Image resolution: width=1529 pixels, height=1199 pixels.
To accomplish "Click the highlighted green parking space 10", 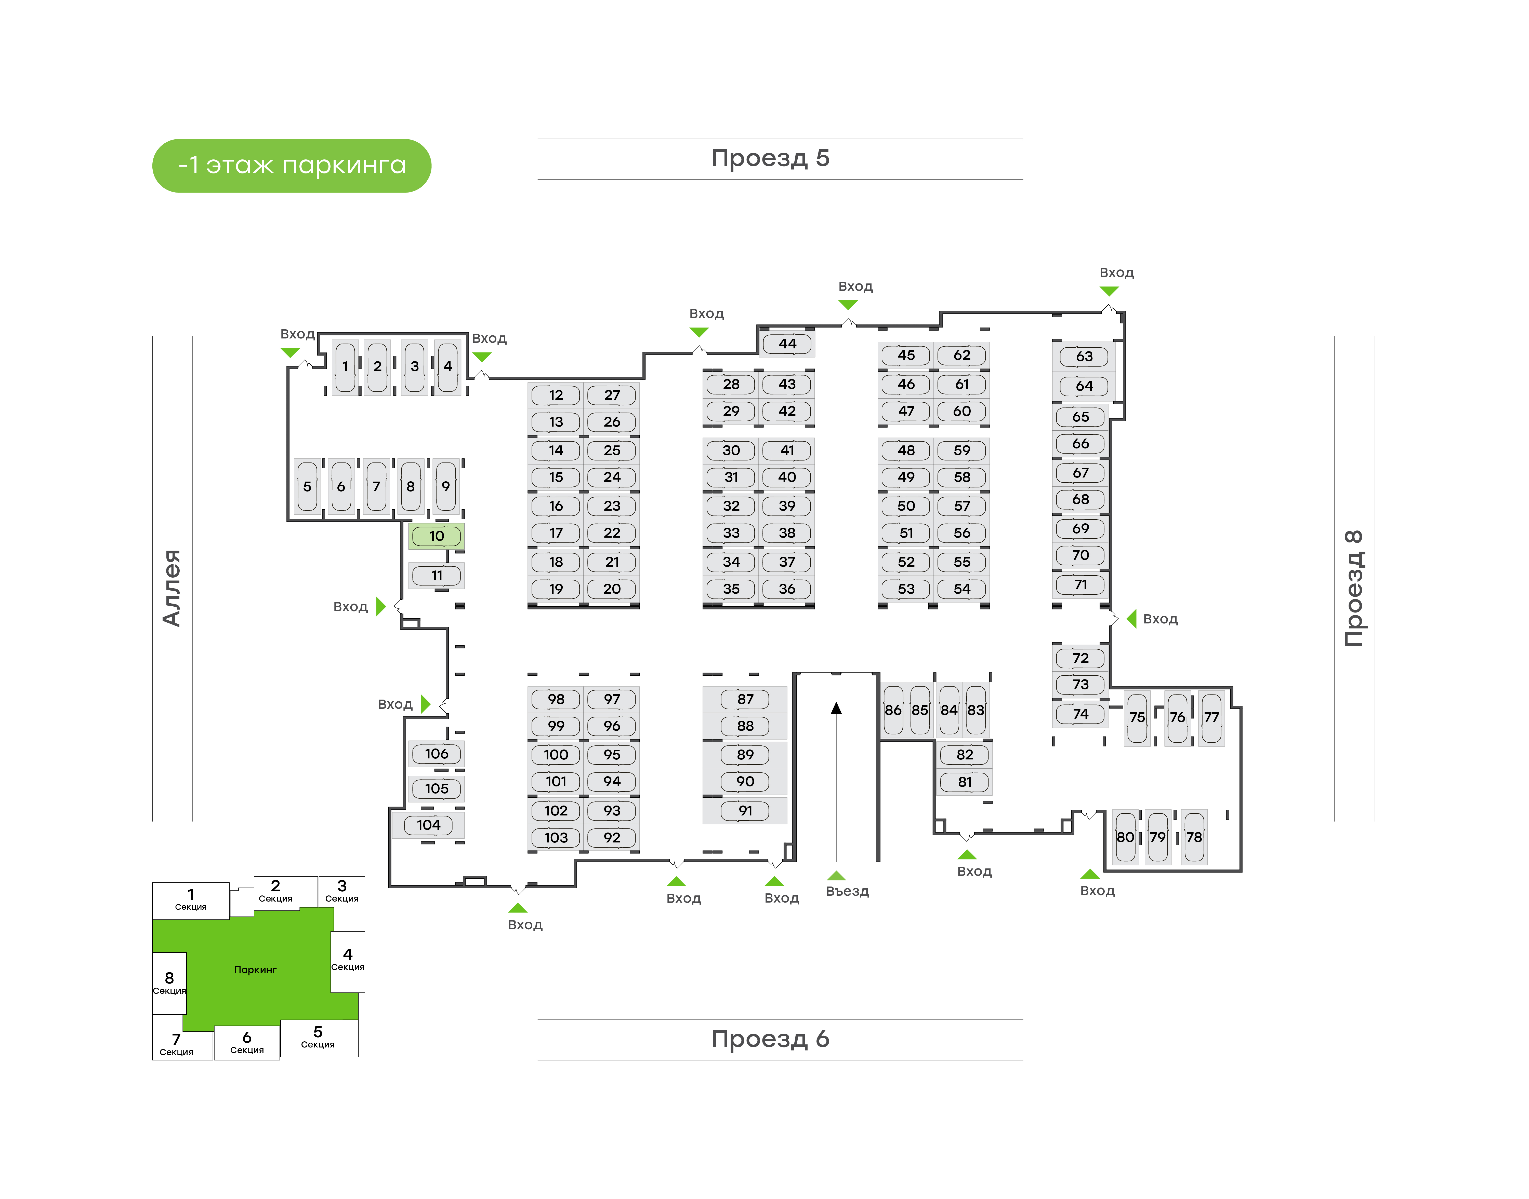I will coord(436,536).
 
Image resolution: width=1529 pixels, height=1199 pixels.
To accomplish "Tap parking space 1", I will coord(345,366).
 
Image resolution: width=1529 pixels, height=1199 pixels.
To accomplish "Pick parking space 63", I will coord(1084,357).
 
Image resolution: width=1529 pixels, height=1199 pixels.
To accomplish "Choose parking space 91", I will coord(745,811).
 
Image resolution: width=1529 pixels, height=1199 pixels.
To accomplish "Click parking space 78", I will coord(1194,837).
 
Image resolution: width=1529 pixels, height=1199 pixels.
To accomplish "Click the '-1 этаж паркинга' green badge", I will coord(292,166).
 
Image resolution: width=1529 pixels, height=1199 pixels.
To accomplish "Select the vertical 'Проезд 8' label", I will coord(1353,588).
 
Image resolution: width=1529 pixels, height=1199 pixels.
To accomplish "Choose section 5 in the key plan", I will coord(318,1037).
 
